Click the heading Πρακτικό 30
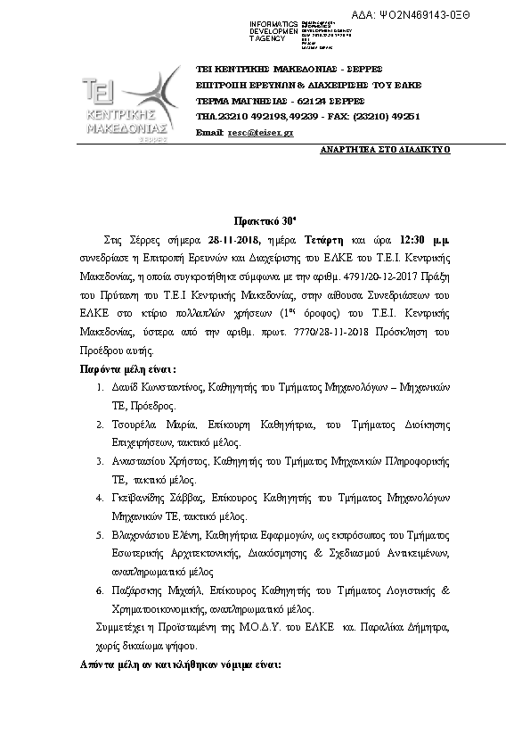265,222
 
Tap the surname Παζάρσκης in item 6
137,591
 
